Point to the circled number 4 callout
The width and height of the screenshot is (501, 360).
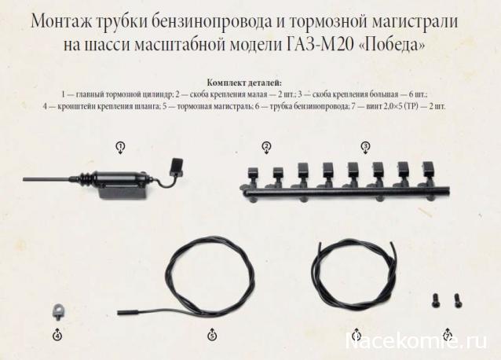click(x=57, y=336)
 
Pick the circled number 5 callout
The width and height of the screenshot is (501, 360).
click(x=212, y=336)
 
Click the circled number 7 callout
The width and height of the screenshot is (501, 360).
click(x=448, y=336)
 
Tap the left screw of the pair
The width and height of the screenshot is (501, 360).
click(x=434, y=301)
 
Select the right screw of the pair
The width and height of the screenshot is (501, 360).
click(x=457, y=301)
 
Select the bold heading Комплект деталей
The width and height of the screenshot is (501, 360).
click(x=244, y=83)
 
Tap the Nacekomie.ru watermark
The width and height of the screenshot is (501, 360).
click(x=416, y=341)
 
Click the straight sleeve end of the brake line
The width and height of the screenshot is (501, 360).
click(x=128, y=312)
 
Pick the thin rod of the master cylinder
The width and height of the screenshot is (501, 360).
click(x=46, y=180)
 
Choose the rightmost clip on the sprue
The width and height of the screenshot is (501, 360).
click(x=427, y=170)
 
